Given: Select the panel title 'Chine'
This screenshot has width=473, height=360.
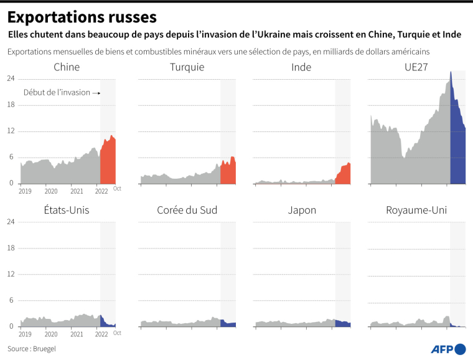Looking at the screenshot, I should point(67,67).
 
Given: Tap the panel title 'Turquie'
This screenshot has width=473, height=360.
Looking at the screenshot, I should point(187,67).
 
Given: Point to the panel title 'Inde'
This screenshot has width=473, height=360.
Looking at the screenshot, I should point(301,67).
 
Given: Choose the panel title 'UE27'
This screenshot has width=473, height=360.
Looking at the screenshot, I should point(416,67).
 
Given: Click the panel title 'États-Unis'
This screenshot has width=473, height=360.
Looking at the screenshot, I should point(67,210).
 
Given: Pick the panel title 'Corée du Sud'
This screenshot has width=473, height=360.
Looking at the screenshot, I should point(187,210).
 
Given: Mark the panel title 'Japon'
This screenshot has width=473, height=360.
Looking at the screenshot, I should point(301,210).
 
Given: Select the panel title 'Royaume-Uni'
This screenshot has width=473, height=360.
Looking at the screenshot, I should point(416,210).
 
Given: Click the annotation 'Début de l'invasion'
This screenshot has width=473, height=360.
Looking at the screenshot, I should point(57,93).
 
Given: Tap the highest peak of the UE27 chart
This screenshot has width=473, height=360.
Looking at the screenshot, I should point(451,72).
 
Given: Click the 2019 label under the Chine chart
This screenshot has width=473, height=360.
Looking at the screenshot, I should point(25,191).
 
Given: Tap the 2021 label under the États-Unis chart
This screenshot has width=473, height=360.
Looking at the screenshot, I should point(76,334).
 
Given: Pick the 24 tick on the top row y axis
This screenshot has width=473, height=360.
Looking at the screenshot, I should point(11,78).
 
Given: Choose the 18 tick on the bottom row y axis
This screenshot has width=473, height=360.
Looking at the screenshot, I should point(11,248).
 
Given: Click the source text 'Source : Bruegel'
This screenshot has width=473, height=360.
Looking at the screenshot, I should point(32,349).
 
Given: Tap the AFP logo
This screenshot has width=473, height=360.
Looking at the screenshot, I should point(447,349).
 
